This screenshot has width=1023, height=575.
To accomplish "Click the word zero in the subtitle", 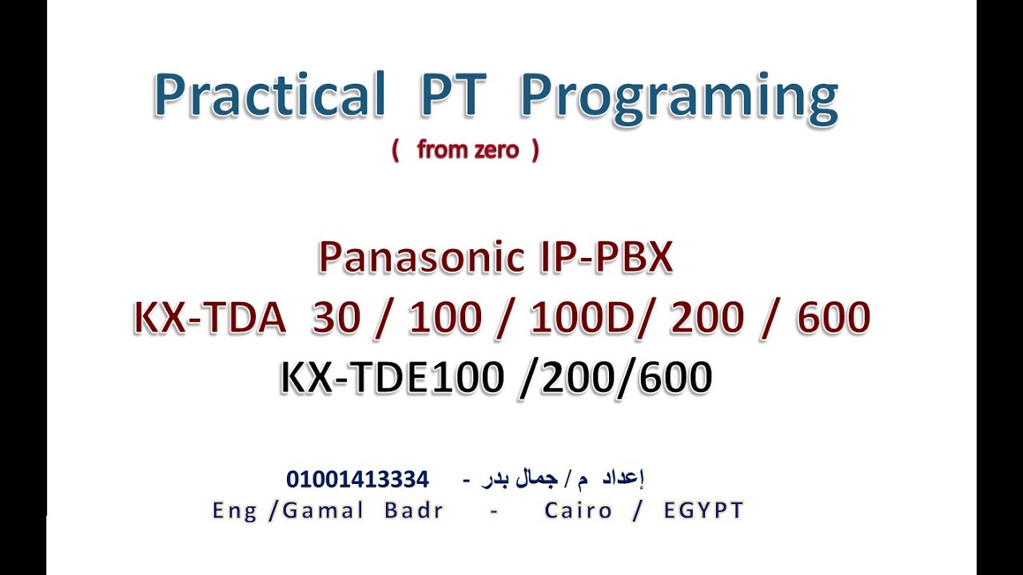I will [496, 150].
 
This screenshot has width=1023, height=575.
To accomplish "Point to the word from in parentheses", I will [439, 150].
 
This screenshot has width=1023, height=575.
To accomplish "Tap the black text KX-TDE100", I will [392, 378].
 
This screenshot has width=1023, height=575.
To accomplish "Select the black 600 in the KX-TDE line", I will [674, 378].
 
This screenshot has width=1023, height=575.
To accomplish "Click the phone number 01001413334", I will [357, 480].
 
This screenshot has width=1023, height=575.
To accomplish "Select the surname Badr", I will [413, 510].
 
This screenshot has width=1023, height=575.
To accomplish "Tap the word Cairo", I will [578, 510].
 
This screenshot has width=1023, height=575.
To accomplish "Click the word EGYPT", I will [703, 510].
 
